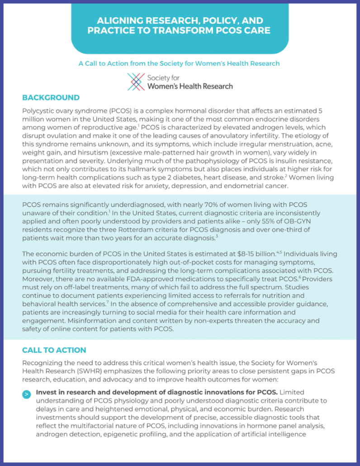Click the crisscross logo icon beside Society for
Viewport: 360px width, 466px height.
(136, 82)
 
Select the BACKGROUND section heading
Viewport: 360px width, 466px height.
(51, 98)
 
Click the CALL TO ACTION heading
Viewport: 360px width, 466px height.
(54, 350)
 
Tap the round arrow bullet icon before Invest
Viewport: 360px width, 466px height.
(27, 394)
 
